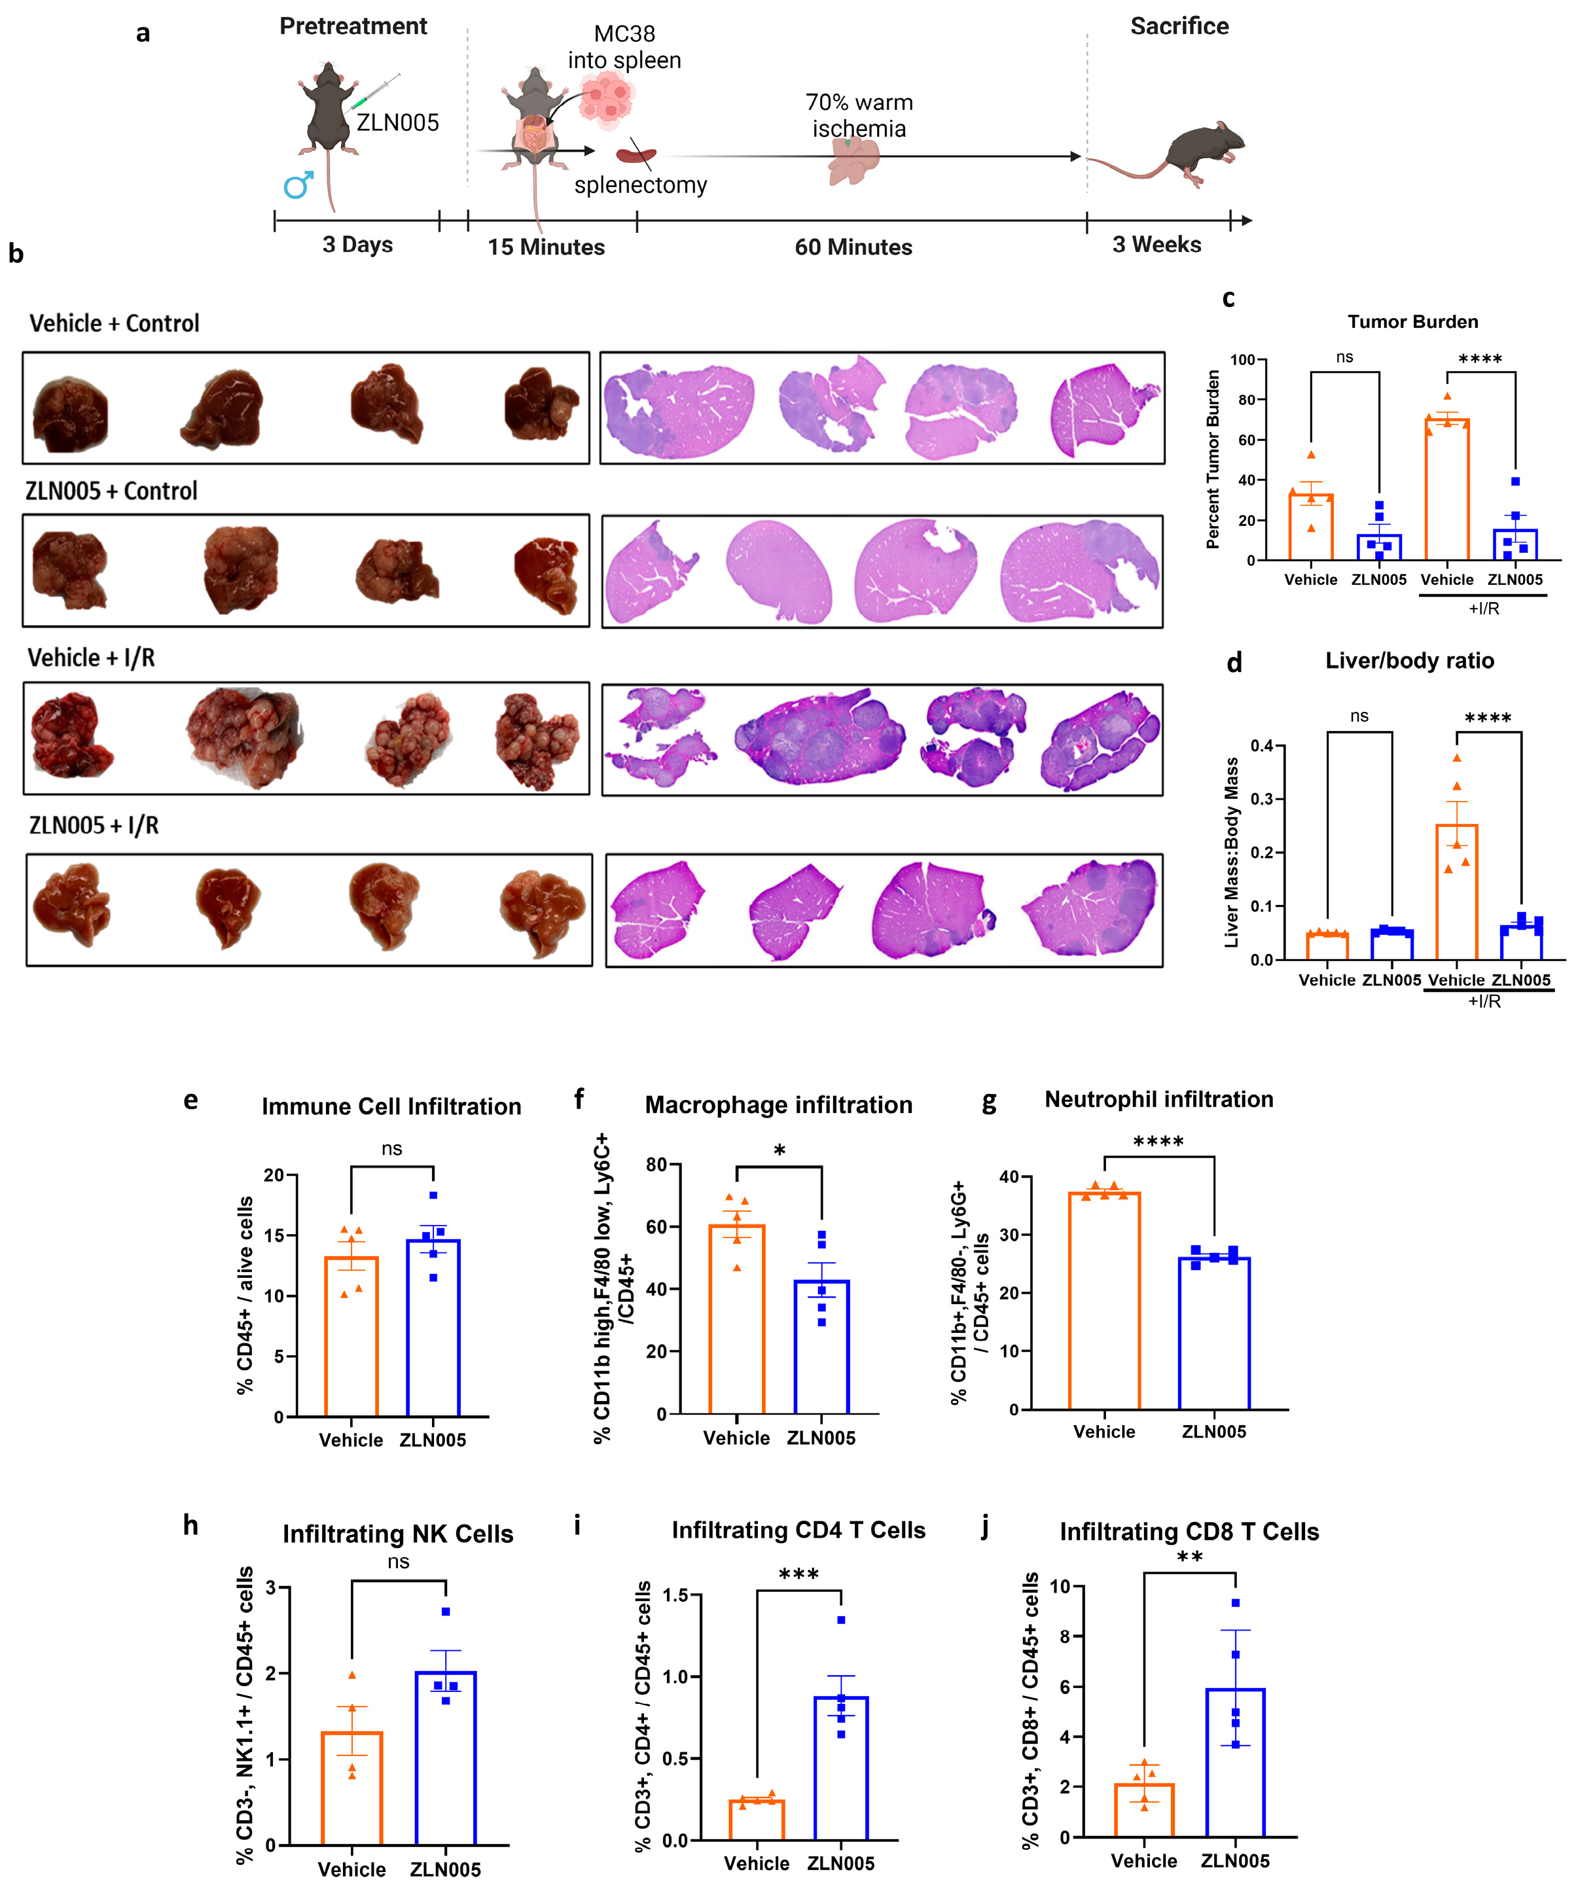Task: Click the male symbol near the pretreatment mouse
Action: [298, 185]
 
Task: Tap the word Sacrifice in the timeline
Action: [1179, 26]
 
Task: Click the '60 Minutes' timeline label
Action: [852, 247]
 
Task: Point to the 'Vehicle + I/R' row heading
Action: [91, 658]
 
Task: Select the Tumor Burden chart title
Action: [1412, 322]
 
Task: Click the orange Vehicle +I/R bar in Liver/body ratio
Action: [1456, 891]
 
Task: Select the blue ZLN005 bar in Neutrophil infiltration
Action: [1213, 1332]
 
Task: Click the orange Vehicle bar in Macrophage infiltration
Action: [737, 1318]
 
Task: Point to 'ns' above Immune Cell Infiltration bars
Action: [391, 1149]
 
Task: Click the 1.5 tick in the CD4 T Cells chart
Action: [675, 1595]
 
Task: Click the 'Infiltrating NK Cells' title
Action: [398, 1534]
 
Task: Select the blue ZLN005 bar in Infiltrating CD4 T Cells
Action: [840, 1767]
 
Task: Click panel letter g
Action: [989, 1102]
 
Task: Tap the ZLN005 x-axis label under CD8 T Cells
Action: [1234, 1861]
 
